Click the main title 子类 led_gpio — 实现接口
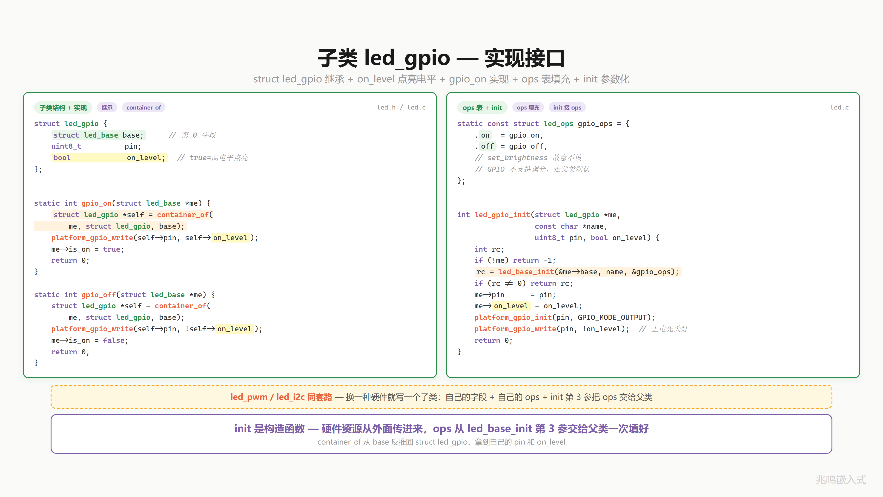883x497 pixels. tap(441, 58)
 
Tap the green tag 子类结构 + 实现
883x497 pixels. tap(63, 108)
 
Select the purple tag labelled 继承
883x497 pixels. tap(107, 108)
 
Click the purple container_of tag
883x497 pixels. tap(144, 108)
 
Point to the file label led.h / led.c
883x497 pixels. tap(401, 107)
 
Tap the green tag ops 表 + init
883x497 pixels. tap(482, 108)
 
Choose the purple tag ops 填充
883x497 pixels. tap(528, 108)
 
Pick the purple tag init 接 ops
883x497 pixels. tap(567, 108)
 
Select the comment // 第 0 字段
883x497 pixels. tap(192, 135)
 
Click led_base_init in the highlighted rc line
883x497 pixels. tap(526, 272)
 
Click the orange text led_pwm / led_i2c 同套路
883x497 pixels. tap(281, 397)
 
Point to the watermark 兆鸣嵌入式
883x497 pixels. tap(841, 480)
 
